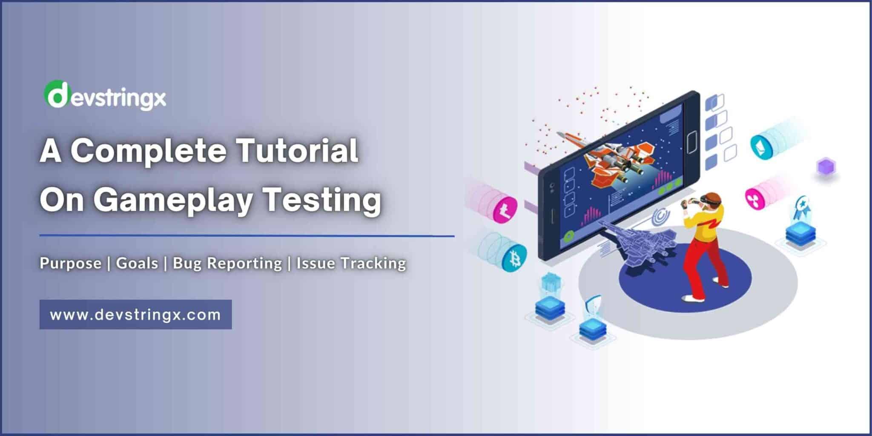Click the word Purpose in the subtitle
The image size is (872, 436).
click(71, 263)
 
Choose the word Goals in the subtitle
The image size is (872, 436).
click(137, 263)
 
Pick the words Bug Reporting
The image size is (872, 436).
click(227, 263)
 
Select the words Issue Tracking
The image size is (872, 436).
click(351, 263)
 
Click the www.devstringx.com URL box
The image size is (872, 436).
click(135, 315)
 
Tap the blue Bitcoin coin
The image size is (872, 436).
click(514, 258)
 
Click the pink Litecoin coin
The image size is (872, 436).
click(506, 209)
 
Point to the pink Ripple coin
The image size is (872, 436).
click(756, 197)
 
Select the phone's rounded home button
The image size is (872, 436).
click(691, 139)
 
